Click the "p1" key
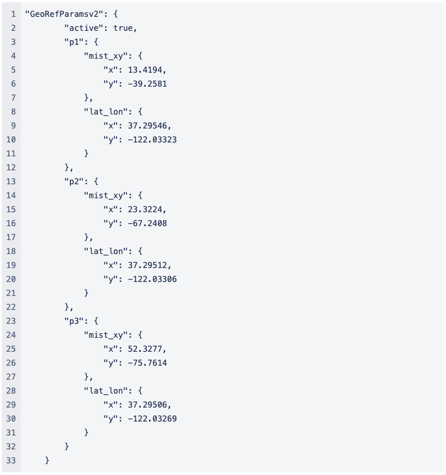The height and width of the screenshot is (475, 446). click(74, 41)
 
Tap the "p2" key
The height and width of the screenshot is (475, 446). click(74, 181)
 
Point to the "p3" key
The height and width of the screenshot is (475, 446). click(74, 320)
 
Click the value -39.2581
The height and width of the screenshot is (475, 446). click(147, 83)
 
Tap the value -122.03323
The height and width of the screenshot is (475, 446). click(152, 139)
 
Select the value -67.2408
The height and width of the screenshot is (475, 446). click(147, 223)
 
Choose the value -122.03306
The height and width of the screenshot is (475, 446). click(152, 278)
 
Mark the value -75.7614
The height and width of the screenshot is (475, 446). click(147, 362)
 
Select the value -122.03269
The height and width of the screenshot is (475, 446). click(152, 418)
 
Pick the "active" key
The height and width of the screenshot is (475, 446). click(86, 27)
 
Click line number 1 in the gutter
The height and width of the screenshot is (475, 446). click(13, 13)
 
